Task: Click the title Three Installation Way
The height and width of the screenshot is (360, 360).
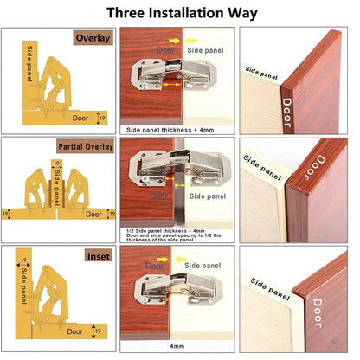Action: point(180,14)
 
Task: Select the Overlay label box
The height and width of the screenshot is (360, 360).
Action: point(91,39)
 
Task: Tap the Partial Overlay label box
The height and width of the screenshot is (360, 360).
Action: point(85,146)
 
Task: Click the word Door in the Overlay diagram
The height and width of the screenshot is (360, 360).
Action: point(80,117)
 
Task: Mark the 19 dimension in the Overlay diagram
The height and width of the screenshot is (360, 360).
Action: point(103,117)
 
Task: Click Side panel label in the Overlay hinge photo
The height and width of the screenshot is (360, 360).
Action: point(202,50)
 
